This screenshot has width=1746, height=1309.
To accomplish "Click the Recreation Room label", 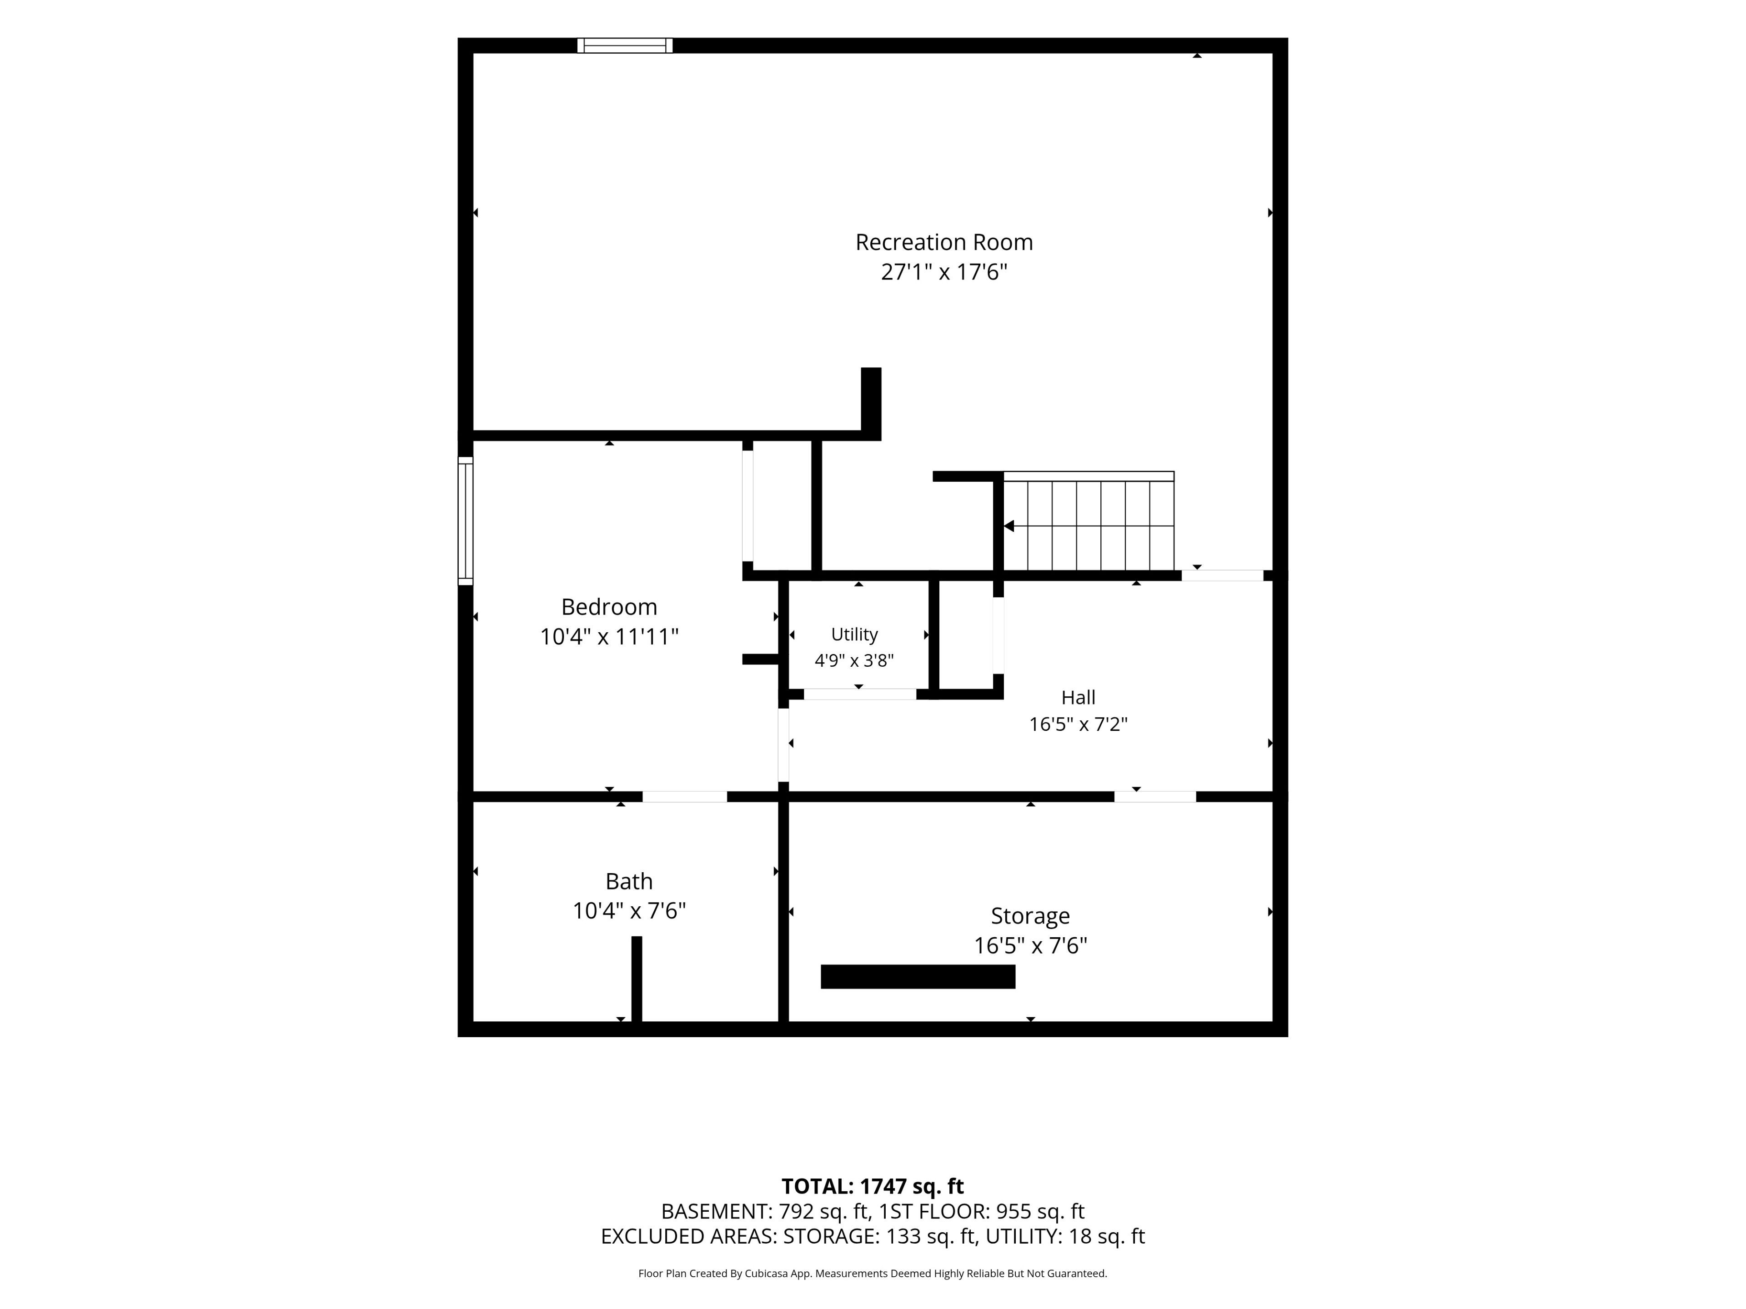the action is (x=944, y=242).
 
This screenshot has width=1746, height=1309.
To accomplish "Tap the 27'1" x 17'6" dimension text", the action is (x=944, y=272).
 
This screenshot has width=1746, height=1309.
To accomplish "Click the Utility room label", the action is (x=854, y=635).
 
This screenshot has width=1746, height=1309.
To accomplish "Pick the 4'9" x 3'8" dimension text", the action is (x=854, y=660).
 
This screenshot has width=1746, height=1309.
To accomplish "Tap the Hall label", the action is (x=1078, y=698).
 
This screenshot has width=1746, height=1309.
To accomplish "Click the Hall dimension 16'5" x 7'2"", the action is (x=1078, y=724).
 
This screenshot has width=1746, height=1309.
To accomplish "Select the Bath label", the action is (x=629, y=881).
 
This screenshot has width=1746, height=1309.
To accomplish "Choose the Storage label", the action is (x=1030, y=916).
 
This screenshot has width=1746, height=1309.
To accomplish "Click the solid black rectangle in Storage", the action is (x=918, y=977).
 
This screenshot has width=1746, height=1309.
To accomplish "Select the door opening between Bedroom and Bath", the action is (x=684, y=797).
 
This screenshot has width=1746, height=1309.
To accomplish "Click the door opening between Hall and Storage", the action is (x=1155, y=797).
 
